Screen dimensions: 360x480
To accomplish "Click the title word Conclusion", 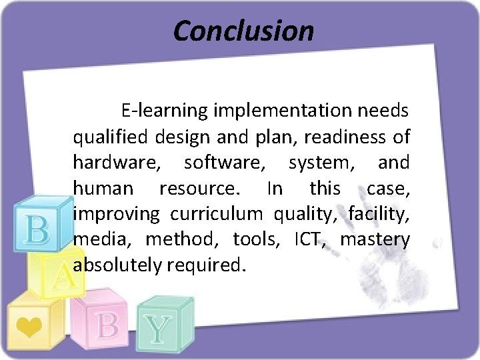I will click(x=243, y=31).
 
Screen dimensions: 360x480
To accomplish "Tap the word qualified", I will click(x=111, y=137).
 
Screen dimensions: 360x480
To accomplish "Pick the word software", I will click(x=224, y=163).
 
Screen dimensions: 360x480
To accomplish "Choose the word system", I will click(x=318, y=163).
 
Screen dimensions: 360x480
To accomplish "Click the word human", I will click(x=103, y=189).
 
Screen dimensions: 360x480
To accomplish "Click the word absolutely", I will click(x=117, y=266).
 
